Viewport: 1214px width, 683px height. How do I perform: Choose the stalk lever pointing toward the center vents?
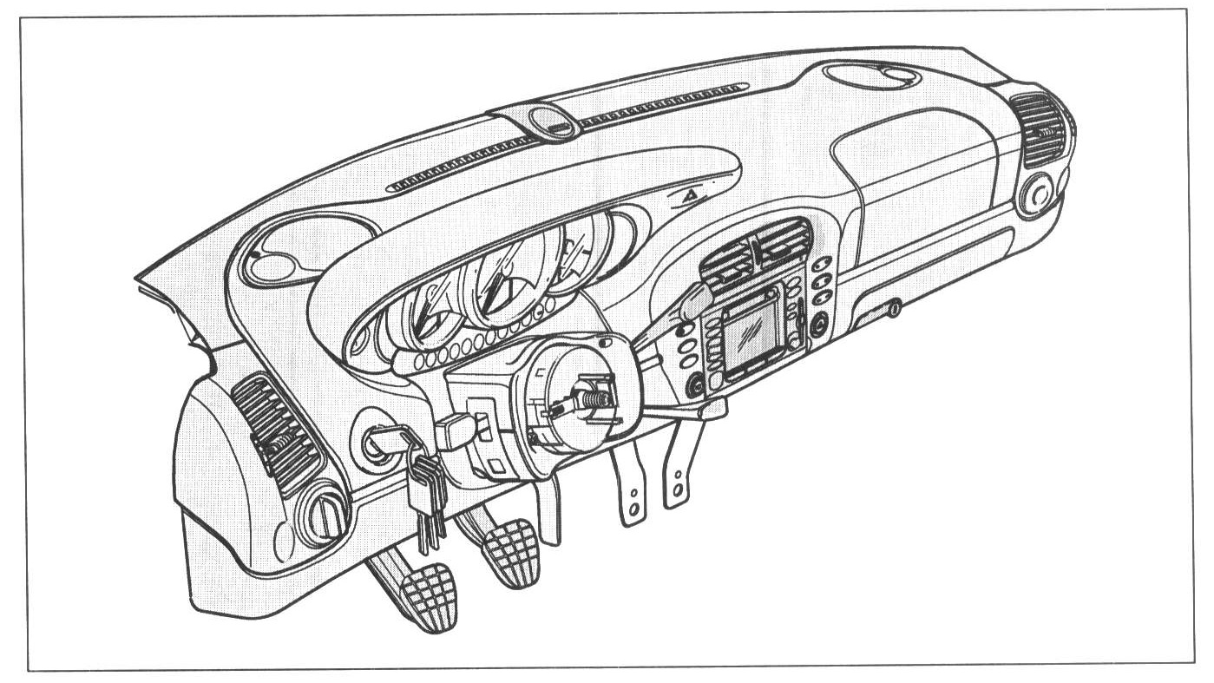(x=694, y=304)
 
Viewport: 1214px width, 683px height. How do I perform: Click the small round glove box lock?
(x=892, y=307)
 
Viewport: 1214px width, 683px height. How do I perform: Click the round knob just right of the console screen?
(x=817, y=327)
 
